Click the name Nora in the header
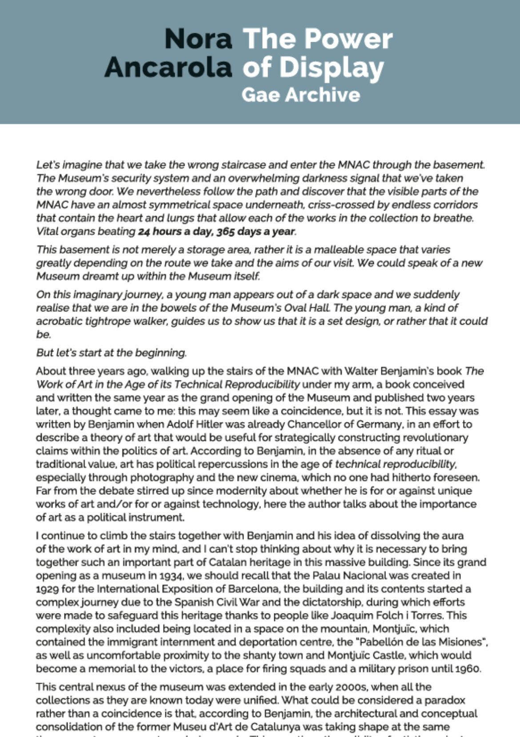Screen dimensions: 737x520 point(198,39)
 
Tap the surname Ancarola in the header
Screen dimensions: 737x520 point(168,68)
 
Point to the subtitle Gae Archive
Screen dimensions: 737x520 point(300,95)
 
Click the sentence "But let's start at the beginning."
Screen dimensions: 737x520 point(111,353)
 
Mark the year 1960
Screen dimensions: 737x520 point(468,669)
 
